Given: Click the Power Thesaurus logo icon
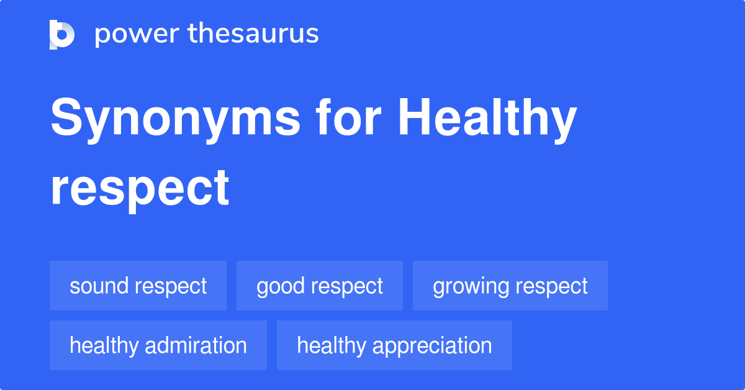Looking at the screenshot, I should click(x=62, y=34).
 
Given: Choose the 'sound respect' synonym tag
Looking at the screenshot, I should click(x=138, y=286).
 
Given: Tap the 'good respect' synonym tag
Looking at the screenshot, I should click(x=320, y=286).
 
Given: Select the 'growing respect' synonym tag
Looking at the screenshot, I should click(x=510, y=286).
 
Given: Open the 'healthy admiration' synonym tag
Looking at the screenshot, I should click(x=158, y=345).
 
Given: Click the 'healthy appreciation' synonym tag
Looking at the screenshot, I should click(x=394, y=345).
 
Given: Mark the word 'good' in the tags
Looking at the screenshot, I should click(x=279, y=287).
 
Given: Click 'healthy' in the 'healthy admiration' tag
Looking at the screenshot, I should click(x=103, y=345).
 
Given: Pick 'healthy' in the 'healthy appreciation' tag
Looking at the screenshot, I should click(x=330, y=345).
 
